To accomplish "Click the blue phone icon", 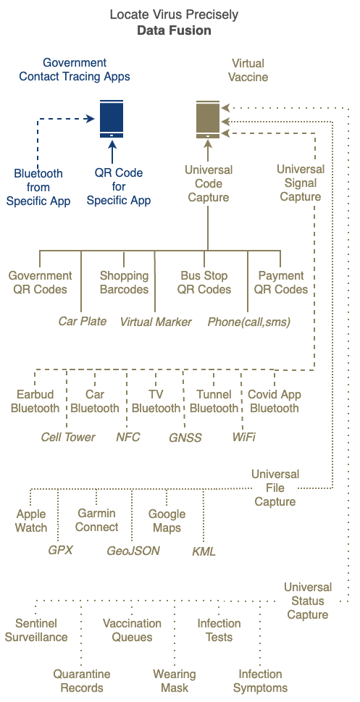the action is coord(112,119).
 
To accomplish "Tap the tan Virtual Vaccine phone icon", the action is coord(208,119).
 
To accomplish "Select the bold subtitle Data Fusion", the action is coord(174,30).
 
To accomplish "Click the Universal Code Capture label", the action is coord(209,183).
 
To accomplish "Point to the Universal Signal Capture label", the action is coord(301,183).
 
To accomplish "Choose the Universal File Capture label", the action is coord(275,488).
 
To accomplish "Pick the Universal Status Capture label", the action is coord(308,601).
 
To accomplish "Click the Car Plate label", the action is coord(83,322).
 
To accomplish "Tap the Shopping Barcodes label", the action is coord(124,283).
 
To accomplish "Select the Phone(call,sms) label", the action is coord(249,322).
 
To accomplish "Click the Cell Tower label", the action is coord(68,437).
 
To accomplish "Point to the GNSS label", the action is coord(185,438).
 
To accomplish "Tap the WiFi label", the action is coord(244,437).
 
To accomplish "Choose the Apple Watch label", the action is coord(31,521).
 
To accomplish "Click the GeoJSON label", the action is coord(133,551).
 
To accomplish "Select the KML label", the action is coord(204,551).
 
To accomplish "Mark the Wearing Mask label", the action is coord(174,681).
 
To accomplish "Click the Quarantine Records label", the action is coord(82,681).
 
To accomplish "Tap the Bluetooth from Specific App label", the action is coord(38,187).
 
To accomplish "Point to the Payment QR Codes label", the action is coord(281,283).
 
